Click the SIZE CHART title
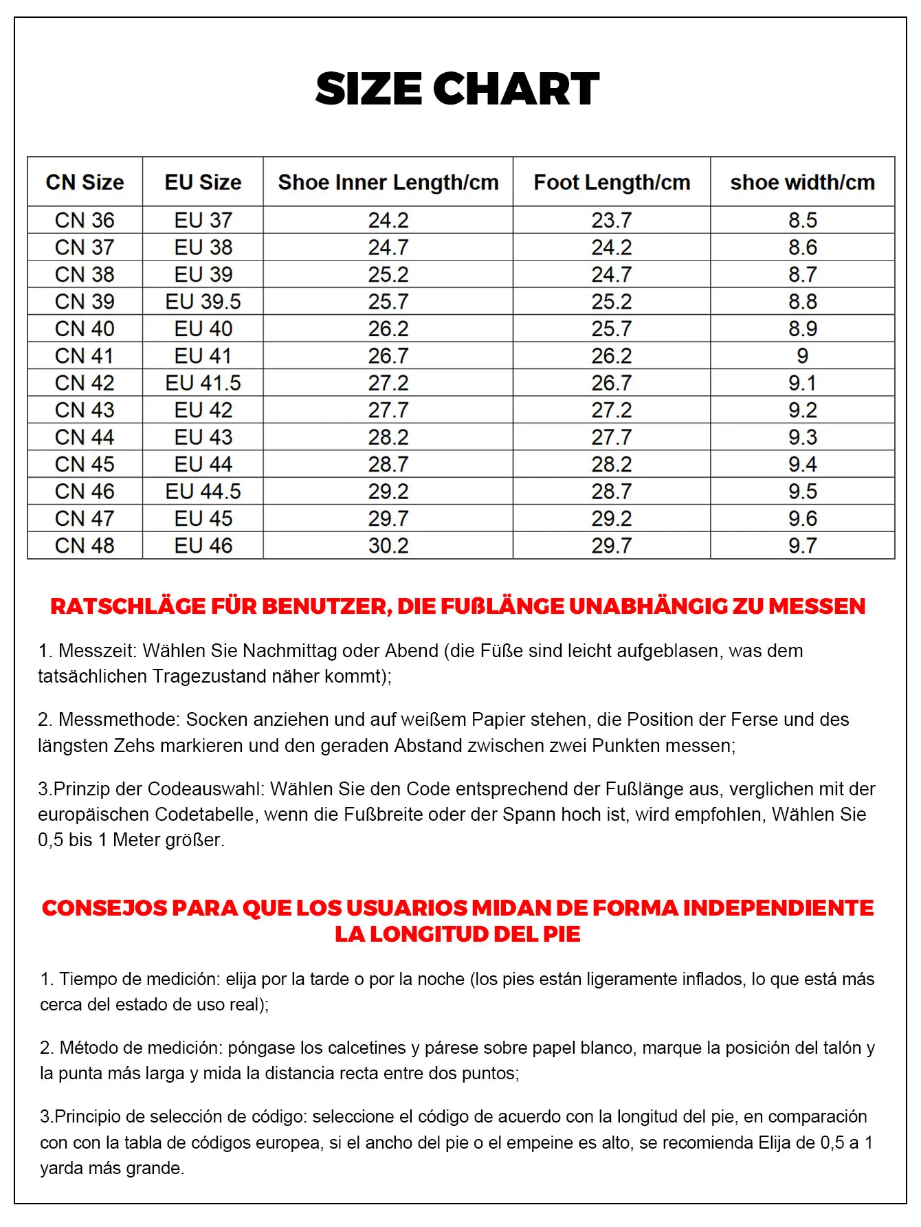click(457, 89)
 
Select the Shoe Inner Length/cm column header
click(388, 182)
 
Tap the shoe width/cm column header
click(802, 182)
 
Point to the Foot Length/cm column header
click(612, 182)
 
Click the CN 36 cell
click(85, 220)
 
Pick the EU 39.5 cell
click(203, 302)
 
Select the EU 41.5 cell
click(203, 383)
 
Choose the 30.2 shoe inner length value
click(388, 546)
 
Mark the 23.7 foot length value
click(612, 220)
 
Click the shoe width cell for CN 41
click(802, 356)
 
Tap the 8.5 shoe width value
click(802, 220)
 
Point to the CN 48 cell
click(85, 546)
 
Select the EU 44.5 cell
click(203, 491)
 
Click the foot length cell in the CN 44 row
click(612, 437)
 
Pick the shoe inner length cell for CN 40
click(388, 329)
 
